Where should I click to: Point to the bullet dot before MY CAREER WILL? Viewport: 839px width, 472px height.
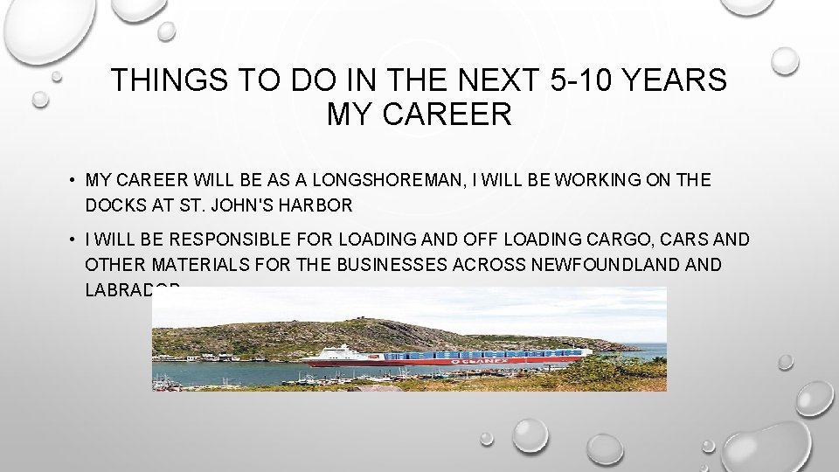70,182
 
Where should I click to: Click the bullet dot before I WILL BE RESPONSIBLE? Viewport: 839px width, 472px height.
70,240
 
